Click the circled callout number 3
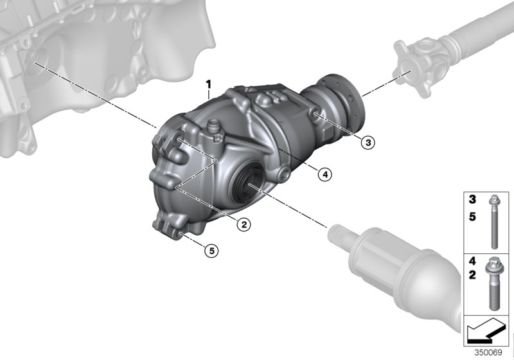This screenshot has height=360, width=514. pos(367,143)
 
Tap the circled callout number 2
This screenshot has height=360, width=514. pos(244,224)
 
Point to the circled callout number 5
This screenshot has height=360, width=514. pos(211,250)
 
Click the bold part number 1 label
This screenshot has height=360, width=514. pos(208,84)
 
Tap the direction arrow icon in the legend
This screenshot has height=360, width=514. pos(486,333)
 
